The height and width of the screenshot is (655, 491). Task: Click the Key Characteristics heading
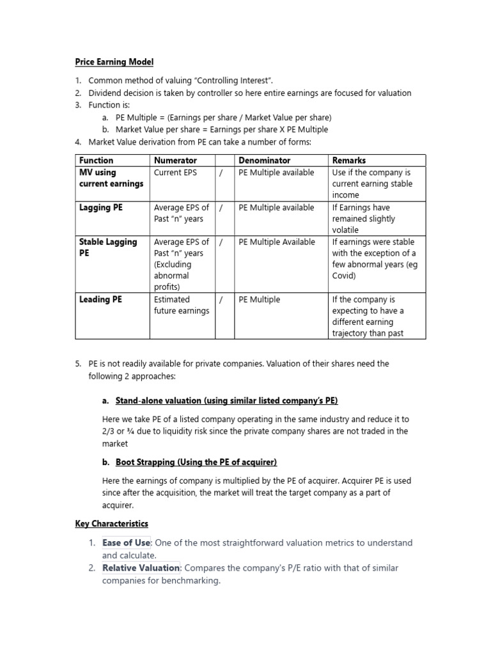[x=111, y=523]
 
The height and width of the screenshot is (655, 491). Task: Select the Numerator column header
[x=175, y=161]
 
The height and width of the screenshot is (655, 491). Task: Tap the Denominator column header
[x=264, y=161]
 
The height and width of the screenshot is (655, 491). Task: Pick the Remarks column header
[x=349, y=161]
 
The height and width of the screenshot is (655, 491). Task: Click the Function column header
[x=96, y=161]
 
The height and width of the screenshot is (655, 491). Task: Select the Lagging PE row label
[x=100, y=207]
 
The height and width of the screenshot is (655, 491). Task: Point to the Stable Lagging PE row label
[x=107, y=248]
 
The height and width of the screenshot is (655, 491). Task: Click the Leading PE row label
[x=100, y=299]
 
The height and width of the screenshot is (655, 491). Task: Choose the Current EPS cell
[x=176, y=172]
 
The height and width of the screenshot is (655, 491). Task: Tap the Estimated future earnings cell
[x=181, y=305]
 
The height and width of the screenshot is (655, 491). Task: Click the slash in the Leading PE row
[x=221, y=299]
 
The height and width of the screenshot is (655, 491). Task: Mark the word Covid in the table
[x=345, y=276]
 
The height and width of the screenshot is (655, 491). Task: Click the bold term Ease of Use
[x=125, y=542]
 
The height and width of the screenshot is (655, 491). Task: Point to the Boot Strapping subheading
[x=196, y=462]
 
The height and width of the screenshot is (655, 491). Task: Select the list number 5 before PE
[x=77, y=363]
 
